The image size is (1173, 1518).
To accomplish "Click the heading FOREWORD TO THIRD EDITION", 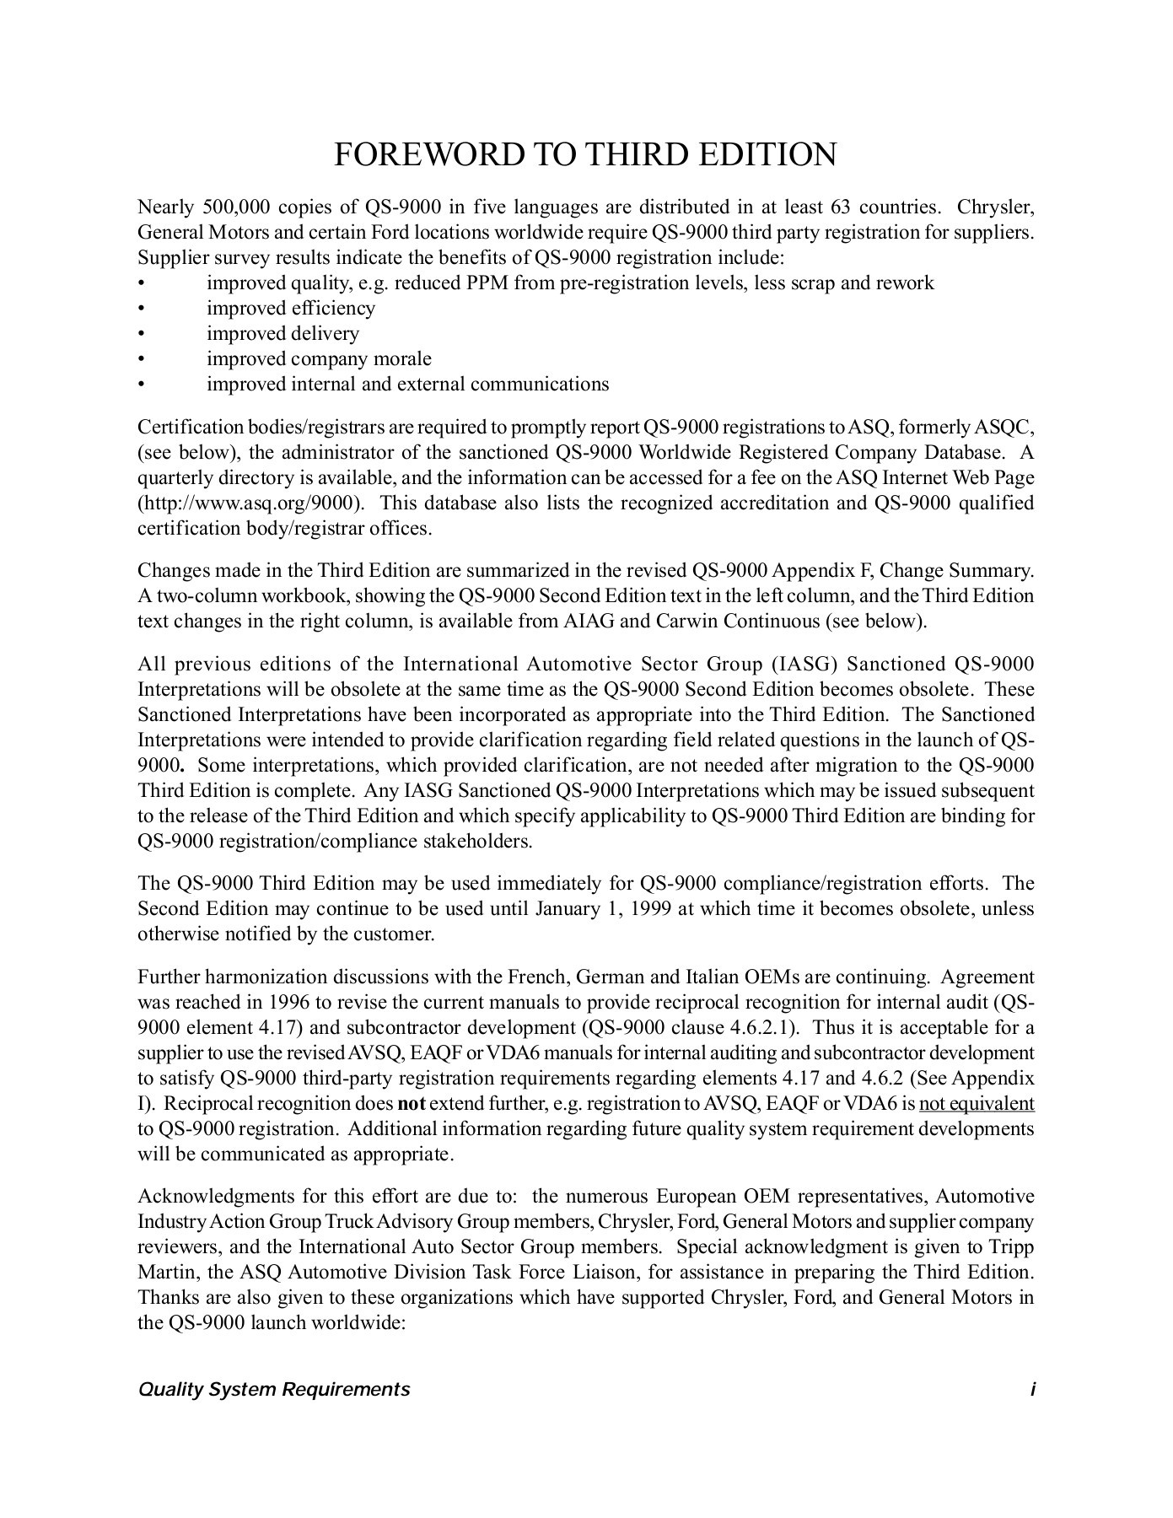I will click(585, 155).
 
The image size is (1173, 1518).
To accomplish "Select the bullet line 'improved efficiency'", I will click(291, 309).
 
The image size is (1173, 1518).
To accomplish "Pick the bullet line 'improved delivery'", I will click(282, 334).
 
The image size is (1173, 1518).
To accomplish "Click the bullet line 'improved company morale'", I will click(319, 359).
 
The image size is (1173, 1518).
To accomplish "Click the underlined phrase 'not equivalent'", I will click(977, 1105).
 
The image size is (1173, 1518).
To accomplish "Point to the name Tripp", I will click(1012, 1248).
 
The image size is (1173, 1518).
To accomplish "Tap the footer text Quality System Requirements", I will click(274, 1390).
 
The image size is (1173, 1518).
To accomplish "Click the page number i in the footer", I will click(1031, 1390).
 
